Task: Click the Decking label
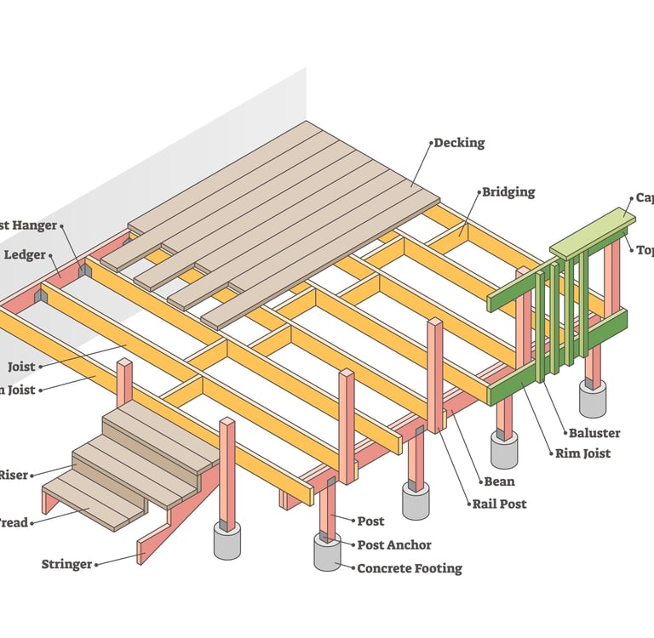click(459, 143)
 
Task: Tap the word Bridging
click(508, 192)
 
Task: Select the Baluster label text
click(595, 433)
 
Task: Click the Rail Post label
click(500, 504)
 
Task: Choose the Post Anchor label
click(394, 544)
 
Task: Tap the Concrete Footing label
click(409, 567)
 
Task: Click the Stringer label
click(67, 564)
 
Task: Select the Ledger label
click(25, 254)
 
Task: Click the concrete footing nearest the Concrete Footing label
click(327, 553)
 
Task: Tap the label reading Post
click(370, 521)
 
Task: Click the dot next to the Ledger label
click(51, 254)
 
